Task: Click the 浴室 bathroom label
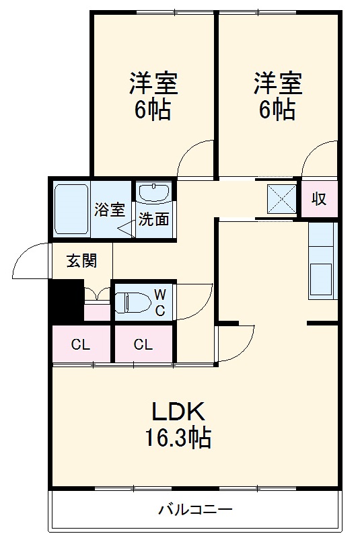click(x=109, y=209)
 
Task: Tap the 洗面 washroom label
click(x=154, y=219)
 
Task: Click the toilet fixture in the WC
click(x=132, y=302)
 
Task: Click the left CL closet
click(x=81, y=345)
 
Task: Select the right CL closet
click(x=143, y=345)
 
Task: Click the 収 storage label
click(x=318, y=199)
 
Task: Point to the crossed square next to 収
click(x=281, y=199)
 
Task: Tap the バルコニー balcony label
click(x=195, y=509)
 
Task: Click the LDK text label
click(x=177, y=412)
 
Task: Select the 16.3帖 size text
click(x=178, y=438)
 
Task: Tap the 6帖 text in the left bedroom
click(x=153, y=109)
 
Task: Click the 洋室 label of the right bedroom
click(x=277, y=85)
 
